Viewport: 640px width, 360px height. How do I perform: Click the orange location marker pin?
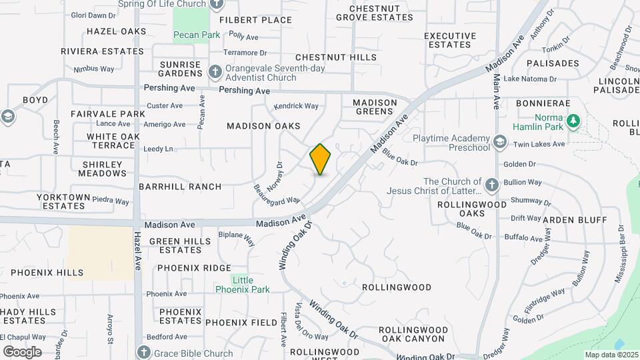320,159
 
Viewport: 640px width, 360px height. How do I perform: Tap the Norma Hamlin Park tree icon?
573,121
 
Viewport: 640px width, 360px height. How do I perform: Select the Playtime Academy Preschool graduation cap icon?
500,141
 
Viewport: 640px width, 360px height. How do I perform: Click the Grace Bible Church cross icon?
143,352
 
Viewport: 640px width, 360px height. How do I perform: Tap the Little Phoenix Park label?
243,285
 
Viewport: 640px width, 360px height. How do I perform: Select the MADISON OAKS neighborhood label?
263,126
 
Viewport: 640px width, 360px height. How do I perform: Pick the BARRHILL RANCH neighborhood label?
180,187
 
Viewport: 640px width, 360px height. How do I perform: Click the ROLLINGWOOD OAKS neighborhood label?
471,209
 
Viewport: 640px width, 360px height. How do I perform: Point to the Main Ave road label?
496,91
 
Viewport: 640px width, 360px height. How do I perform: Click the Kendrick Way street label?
296,106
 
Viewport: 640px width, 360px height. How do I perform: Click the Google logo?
22,351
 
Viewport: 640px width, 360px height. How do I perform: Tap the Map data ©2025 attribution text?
611,355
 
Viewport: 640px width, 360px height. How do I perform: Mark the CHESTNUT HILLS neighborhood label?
336,58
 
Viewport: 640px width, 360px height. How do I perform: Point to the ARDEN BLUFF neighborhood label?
575,220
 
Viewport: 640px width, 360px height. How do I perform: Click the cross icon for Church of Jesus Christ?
492,185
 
